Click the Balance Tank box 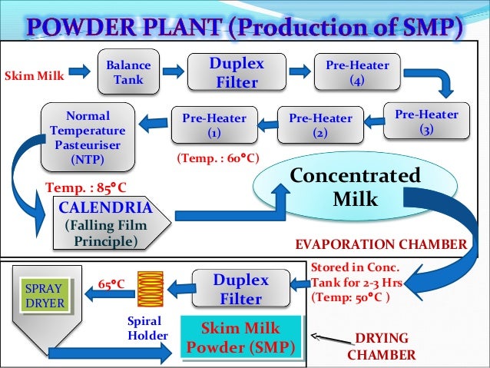coord(128,74)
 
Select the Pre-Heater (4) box coord(357,73)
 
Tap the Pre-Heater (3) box coord(426,122)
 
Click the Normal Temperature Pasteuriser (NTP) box coord(88,139)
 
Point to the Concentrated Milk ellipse coord(356,187)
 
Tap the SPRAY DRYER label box coord(43,297)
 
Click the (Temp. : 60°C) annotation coord(218,159)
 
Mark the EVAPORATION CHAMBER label coord(381,245)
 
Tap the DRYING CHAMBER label coord(382,346)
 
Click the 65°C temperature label coord(112,283)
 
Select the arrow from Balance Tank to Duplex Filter coord(173,72)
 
